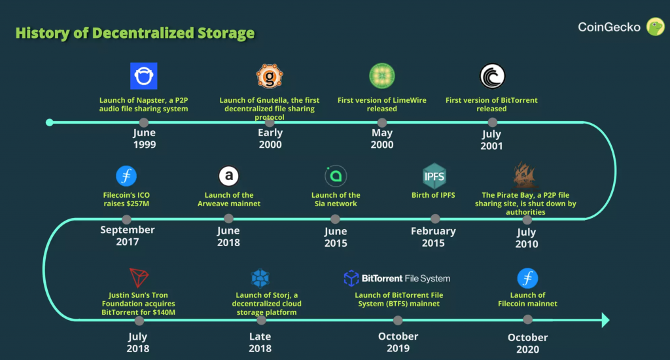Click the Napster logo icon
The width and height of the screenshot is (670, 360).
pos(144,76)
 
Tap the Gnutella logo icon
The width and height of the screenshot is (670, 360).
pos(270,77)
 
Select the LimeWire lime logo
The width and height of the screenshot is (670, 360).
pos(381,77)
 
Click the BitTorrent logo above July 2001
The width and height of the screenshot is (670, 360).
pos(492,77)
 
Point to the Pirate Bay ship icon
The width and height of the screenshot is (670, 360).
pos(527,176)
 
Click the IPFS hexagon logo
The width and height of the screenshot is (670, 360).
pos(434,176)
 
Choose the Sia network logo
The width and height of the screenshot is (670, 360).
pos(336,176)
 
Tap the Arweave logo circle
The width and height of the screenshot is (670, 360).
pos(228,176)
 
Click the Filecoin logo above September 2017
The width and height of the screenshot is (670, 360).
pos(126,176)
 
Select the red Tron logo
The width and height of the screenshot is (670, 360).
pos(139,278)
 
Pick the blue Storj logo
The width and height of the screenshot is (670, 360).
pos(260,278)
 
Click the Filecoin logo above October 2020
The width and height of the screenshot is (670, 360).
pos(527,278)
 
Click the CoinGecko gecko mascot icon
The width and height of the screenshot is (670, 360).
pos(656,27)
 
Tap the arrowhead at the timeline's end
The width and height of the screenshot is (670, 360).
pos(605,320)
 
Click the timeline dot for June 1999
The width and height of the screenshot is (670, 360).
pos(144,122)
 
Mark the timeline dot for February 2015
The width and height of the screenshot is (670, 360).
pos(434,220)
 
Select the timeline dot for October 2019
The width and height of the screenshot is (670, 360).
pos(398,320)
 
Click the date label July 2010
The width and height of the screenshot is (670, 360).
pos(526,238)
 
